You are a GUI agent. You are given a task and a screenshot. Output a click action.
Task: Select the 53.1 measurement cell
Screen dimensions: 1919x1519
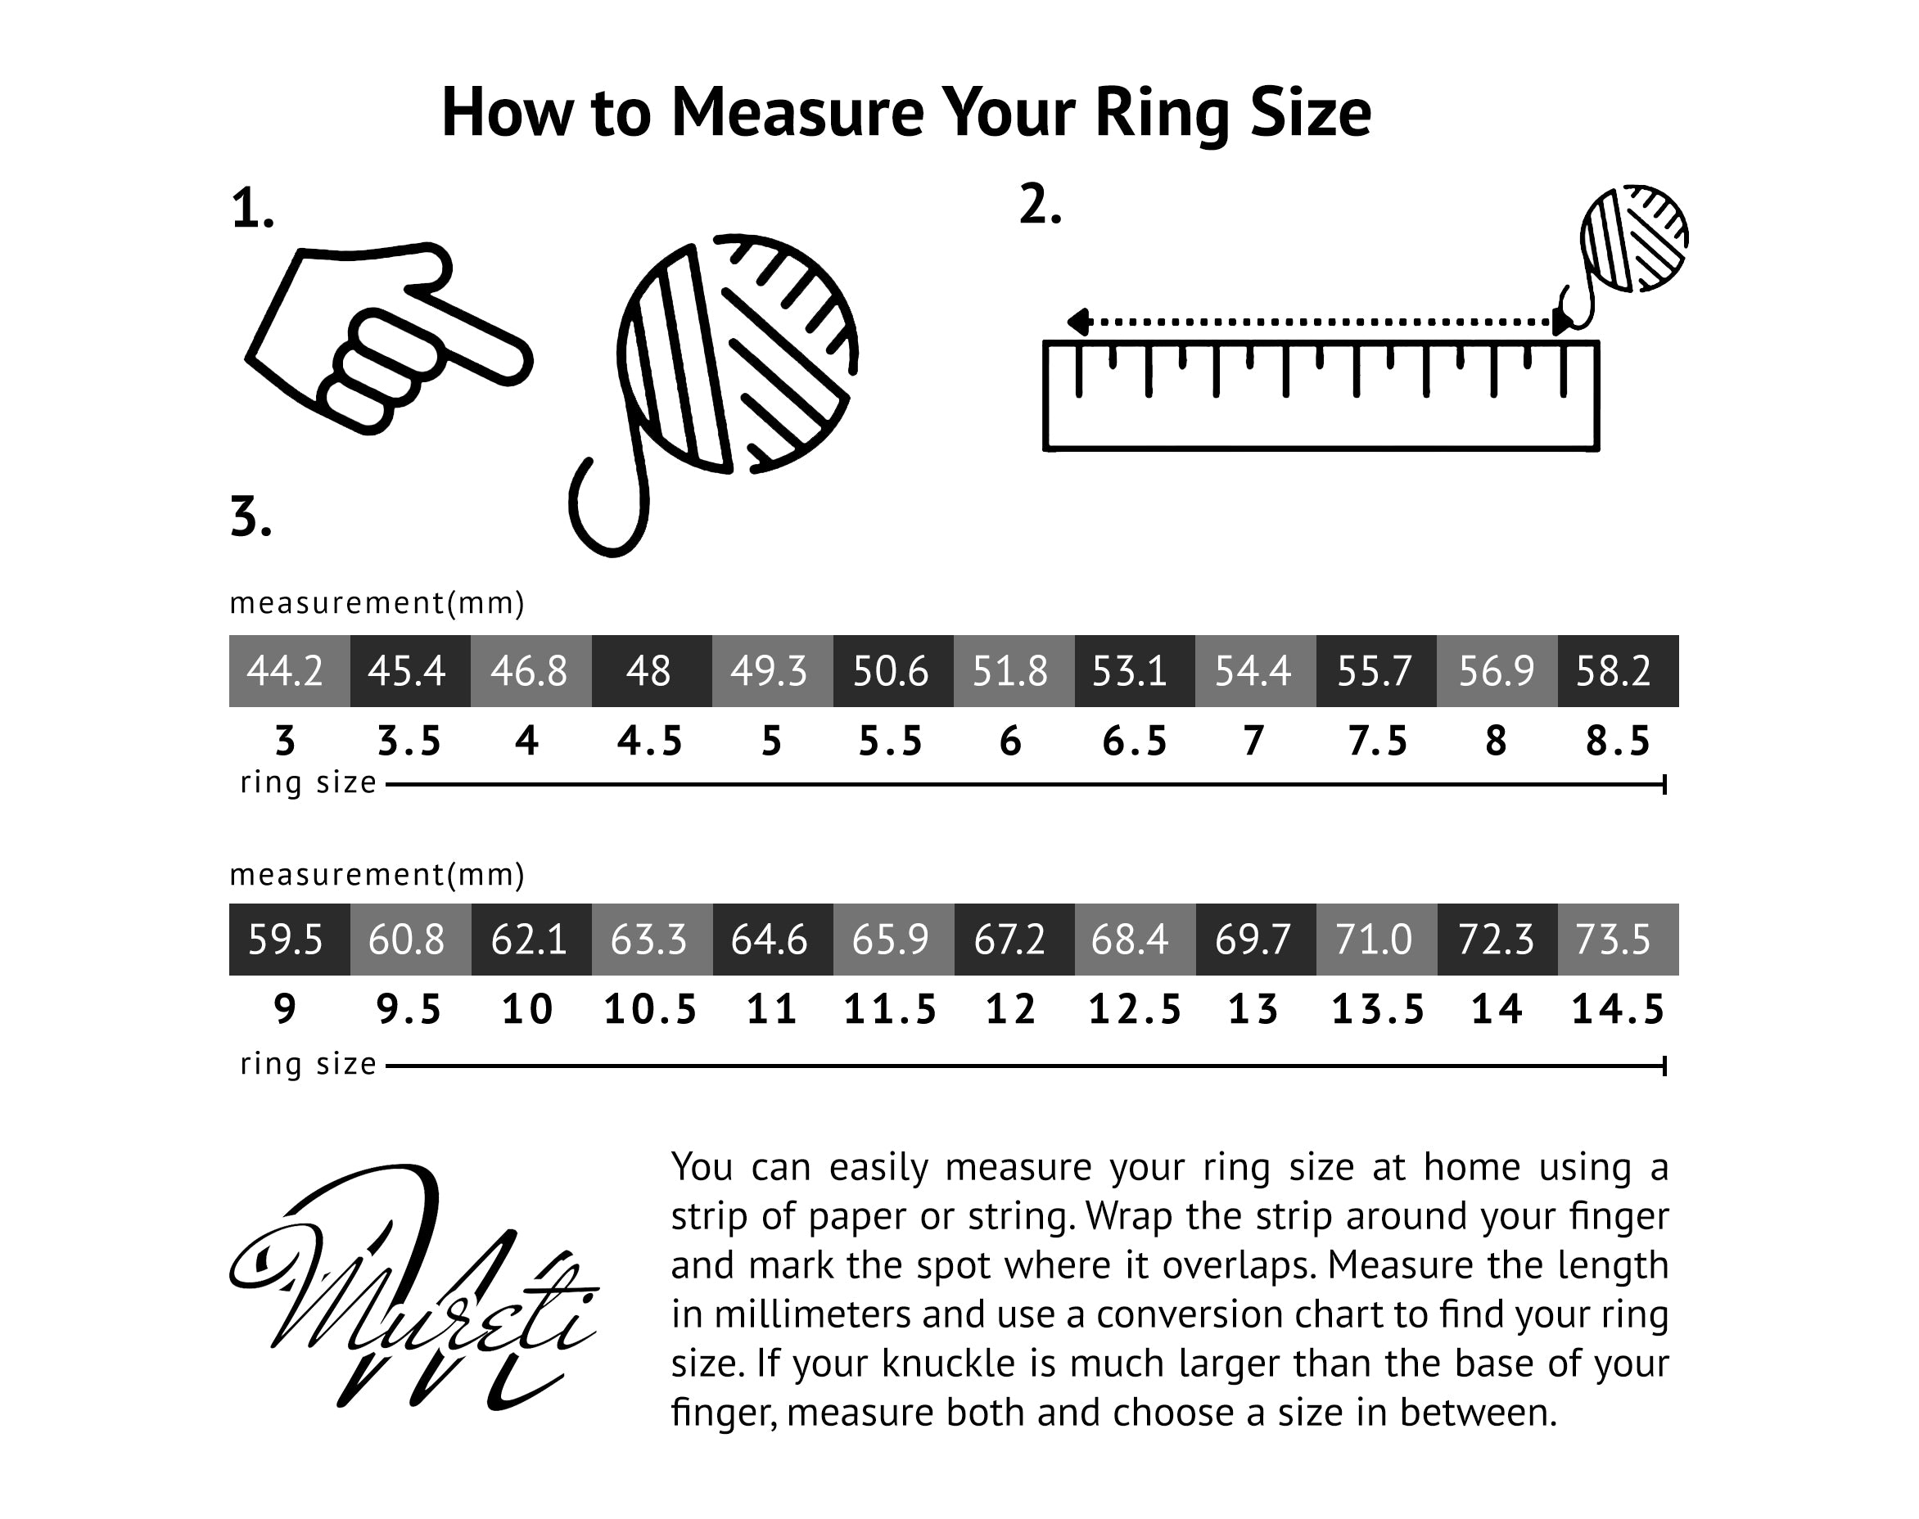1135,670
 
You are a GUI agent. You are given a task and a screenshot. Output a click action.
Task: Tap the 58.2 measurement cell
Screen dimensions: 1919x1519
1618,670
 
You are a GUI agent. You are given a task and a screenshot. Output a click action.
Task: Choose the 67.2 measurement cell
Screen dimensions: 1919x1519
1014,940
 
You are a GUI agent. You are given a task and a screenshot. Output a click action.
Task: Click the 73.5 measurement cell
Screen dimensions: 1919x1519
1618,940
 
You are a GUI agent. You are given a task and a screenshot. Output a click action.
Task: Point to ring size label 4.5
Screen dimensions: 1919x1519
650,741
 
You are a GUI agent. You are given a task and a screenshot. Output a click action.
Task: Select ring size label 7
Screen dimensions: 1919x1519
1253,741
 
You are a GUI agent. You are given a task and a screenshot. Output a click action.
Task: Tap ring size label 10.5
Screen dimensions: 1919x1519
650,1009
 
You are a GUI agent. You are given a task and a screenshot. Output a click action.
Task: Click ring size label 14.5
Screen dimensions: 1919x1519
1619,1009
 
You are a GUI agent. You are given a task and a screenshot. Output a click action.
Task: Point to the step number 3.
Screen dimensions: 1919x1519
251,516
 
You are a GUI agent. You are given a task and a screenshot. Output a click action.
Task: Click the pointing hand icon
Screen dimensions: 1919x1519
389,338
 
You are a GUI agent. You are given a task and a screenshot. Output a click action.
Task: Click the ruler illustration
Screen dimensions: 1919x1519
1321,396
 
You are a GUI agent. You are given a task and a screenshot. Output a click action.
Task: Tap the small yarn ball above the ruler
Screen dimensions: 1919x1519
1634,238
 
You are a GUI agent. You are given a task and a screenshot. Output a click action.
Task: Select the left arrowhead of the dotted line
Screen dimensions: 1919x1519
1078,322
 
